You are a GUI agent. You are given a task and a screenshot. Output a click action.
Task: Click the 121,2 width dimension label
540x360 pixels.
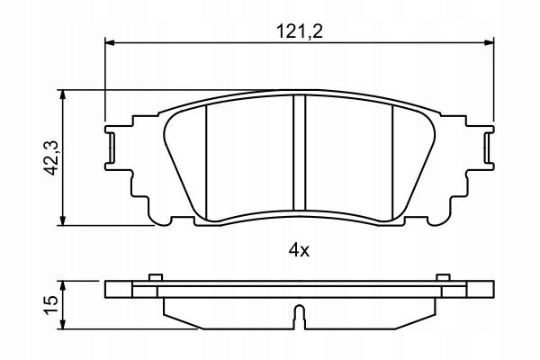300,31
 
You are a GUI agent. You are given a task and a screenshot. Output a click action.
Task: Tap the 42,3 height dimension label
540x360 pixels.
53,158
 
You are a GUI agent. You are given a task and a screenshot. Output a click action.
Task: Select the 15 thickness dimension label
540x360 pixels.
51,304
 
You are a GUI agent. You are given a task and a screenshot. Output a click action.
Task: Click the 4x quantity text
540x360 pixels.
299,250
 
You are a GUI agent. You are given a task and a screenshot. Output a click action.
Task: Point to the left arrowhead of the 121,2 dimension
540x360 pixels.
109,42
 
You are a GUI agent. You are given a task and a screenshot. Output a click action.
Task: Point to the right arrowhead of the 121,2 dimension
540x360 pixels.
490,42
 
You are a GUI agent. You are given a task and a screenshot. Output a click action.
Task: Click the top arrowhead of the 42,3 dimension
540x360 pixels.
62,94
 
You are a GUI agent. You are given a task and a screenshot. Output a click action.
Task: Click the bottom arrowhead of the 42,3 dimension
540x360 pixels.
62,220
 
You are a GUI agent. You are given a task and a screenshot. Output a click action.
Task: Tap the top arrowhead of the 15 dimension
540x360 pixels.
62,285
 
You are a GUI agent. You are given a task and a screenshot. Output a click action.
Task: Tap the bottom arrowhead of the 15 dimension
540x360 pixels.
62,324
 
